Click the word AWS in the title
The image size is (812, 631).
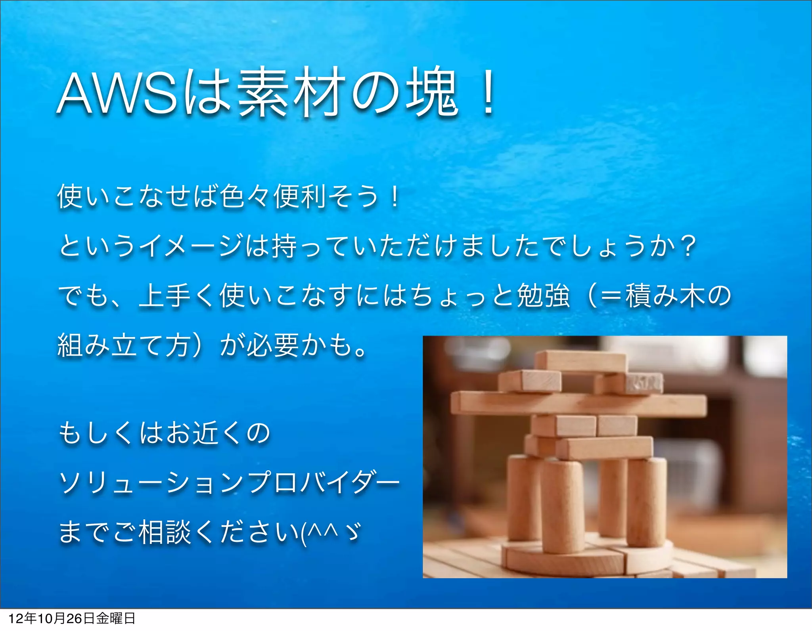117,94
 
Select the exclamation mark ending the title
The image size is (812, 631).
487,93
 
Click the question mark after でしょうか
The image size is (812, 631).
685,246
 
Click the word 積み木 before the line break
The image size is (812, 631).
664,296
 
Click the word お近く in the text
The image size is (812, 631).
191,433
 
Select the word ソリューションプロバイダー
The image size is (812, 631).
229,483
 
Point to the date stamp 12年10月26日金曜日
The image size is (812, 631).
72,619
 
